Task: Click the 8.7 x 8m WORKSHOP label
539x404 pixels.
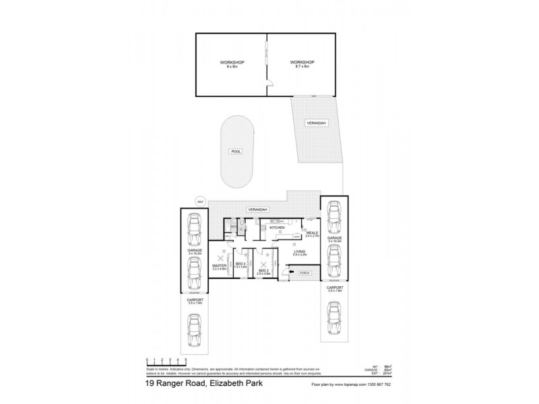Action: pyautogui.click(x=304, y=65)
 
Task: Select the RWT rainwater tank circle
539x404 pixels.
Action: pyautogui.click(x=200, y=201)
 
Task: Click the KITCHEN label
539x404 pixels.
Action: pyautogui.click(x=277, y=228)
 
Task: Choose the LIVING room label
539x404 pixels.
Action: pyautogui.click(x=300, y=252)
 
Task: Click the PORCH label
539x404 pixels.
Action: pyautogui.click(x=304, y=274)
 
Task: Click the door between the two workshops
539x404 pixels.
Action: pyautogui.click(x=267, y=83)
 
